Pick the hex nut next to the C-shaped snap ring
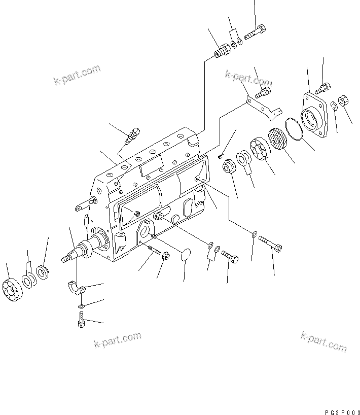tap(342, 101)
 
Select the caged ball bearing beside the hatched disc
tap(260, 150)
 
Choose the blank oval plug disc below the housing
tap(187, 255)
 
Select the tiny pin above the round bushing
tap(220, 156)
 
